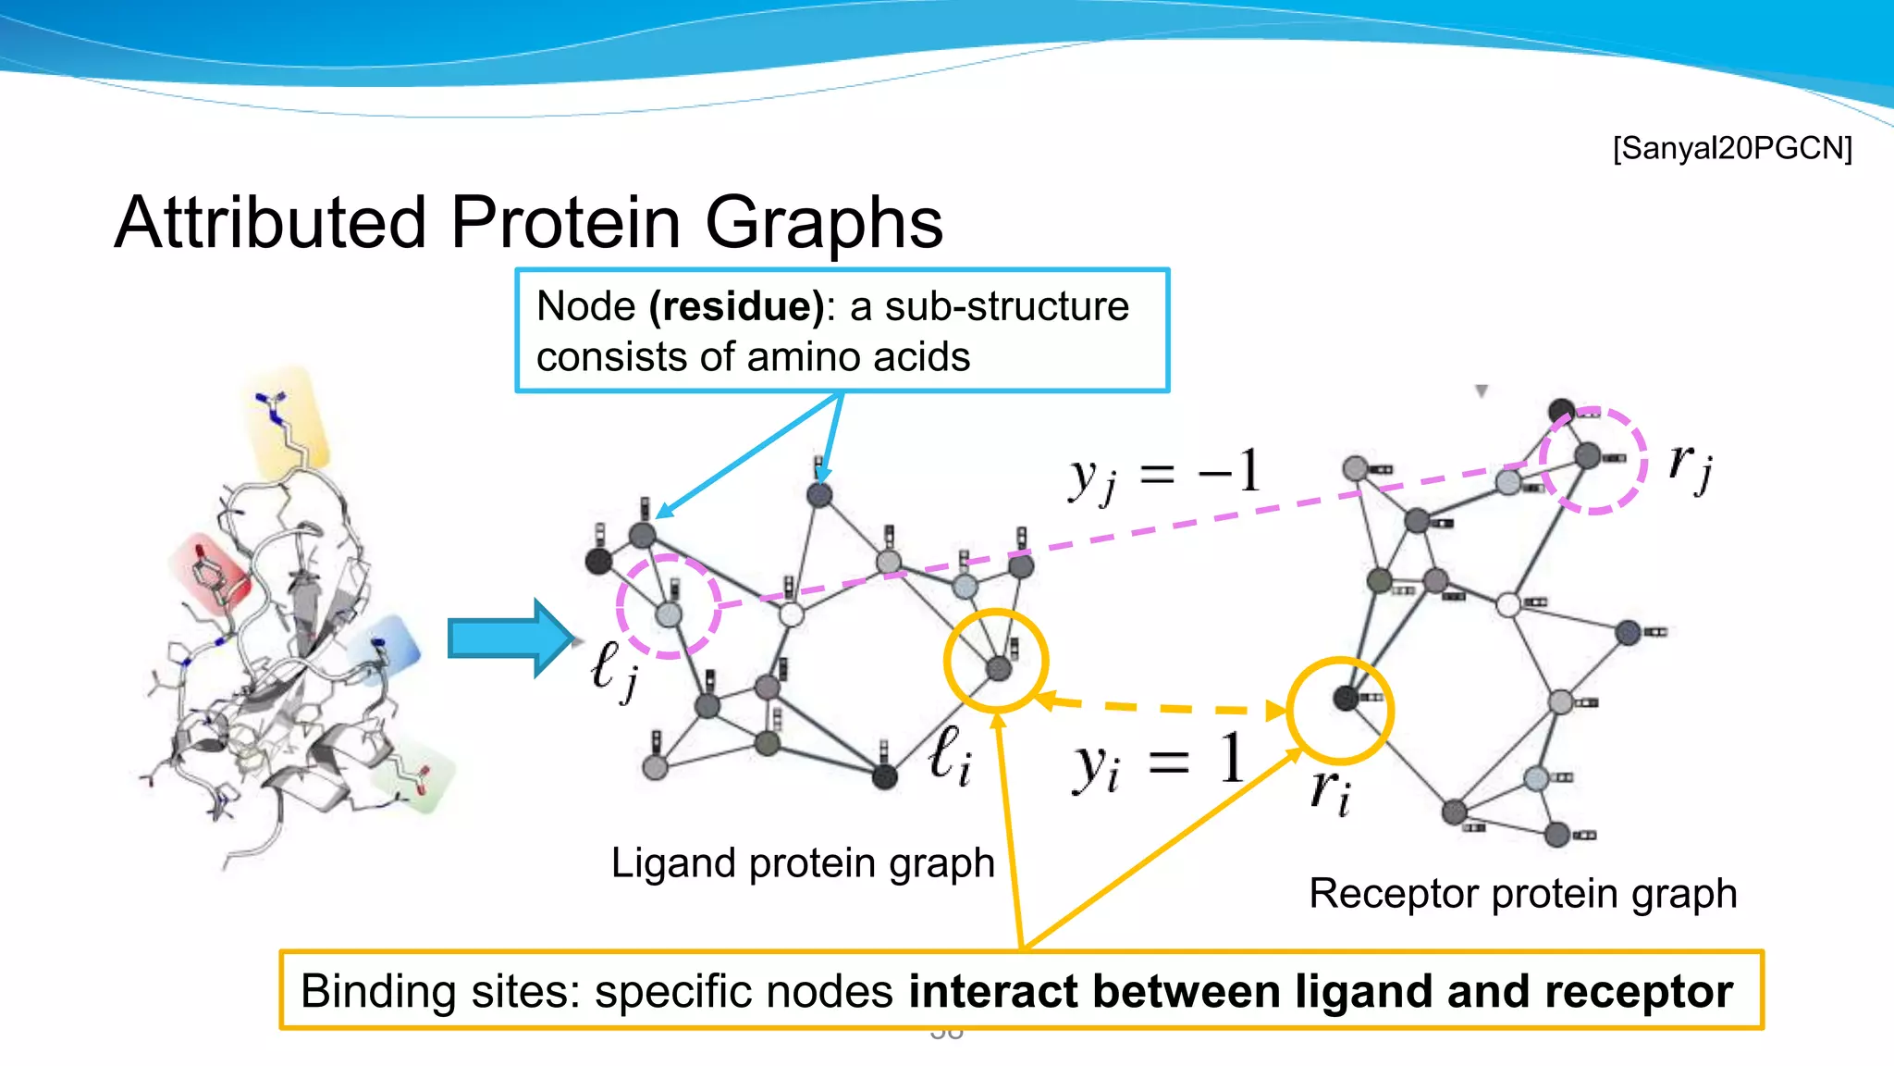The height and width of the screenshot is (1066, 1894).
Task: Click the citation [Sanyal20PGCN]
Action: point(1731,148)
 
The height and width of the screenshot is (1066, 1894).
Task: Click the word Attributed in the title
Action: point(270,223)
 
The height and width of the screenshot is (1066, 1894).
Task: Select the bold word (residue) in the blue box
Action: point(736,306)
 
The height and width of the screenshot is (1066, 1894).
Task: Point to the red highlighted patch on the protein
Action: point(211,574)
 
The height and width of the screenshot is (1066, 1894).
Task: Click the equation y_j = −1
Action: point(1163,475)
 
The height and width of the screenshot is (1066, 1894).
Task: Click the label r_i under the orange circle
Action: point(1330,792)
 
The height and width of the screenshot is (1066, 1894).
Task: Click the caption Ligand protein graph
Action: point(802,863)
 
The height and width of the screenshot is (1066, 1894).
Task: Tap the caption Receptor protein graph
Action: point(1522,894)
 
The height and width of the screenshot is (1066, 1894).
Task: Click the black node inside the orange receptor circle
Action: point(1346,698)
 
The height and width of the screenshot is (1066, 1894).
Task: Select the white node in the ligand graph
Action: point(792,614)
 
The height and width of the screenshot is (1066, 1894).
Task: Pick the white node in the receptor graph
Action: point(1507,606)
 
